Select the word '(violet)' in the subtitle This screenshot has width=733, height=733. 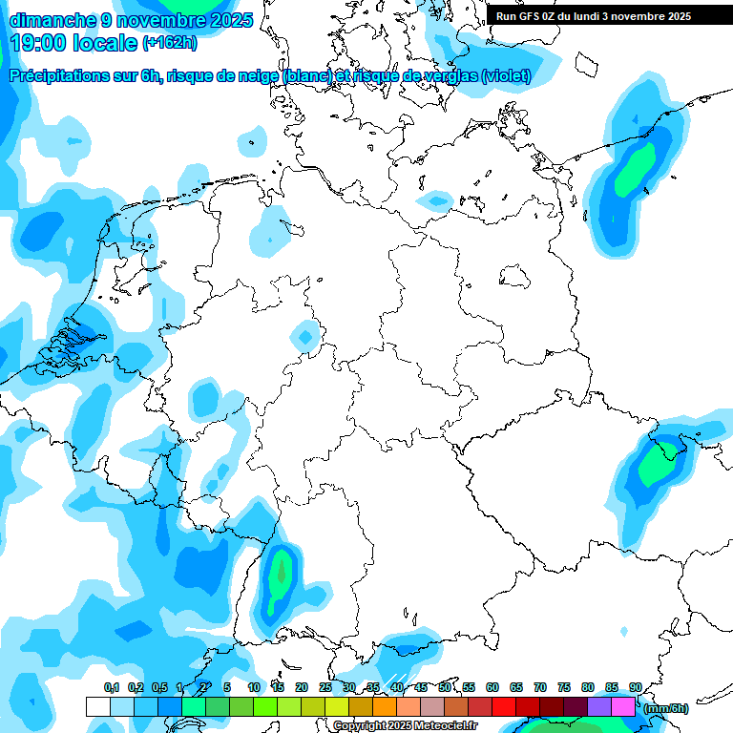pos(506,75)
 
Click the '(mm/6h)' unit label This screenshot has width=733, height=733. pos(665,708)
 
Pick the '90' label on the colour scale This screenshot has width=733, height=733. pos(635,687)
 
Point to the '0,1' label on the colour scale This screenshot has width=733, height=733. pos(111,687)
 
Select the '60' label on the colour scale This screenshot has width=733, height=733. pos(492,687)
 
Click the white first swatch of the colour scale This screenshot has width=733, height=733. pos(97,706)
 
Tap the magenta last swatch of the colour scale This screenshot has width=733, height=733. pos(622,706)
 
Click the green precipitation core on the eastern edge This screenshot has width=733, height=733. pos(659,463)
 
